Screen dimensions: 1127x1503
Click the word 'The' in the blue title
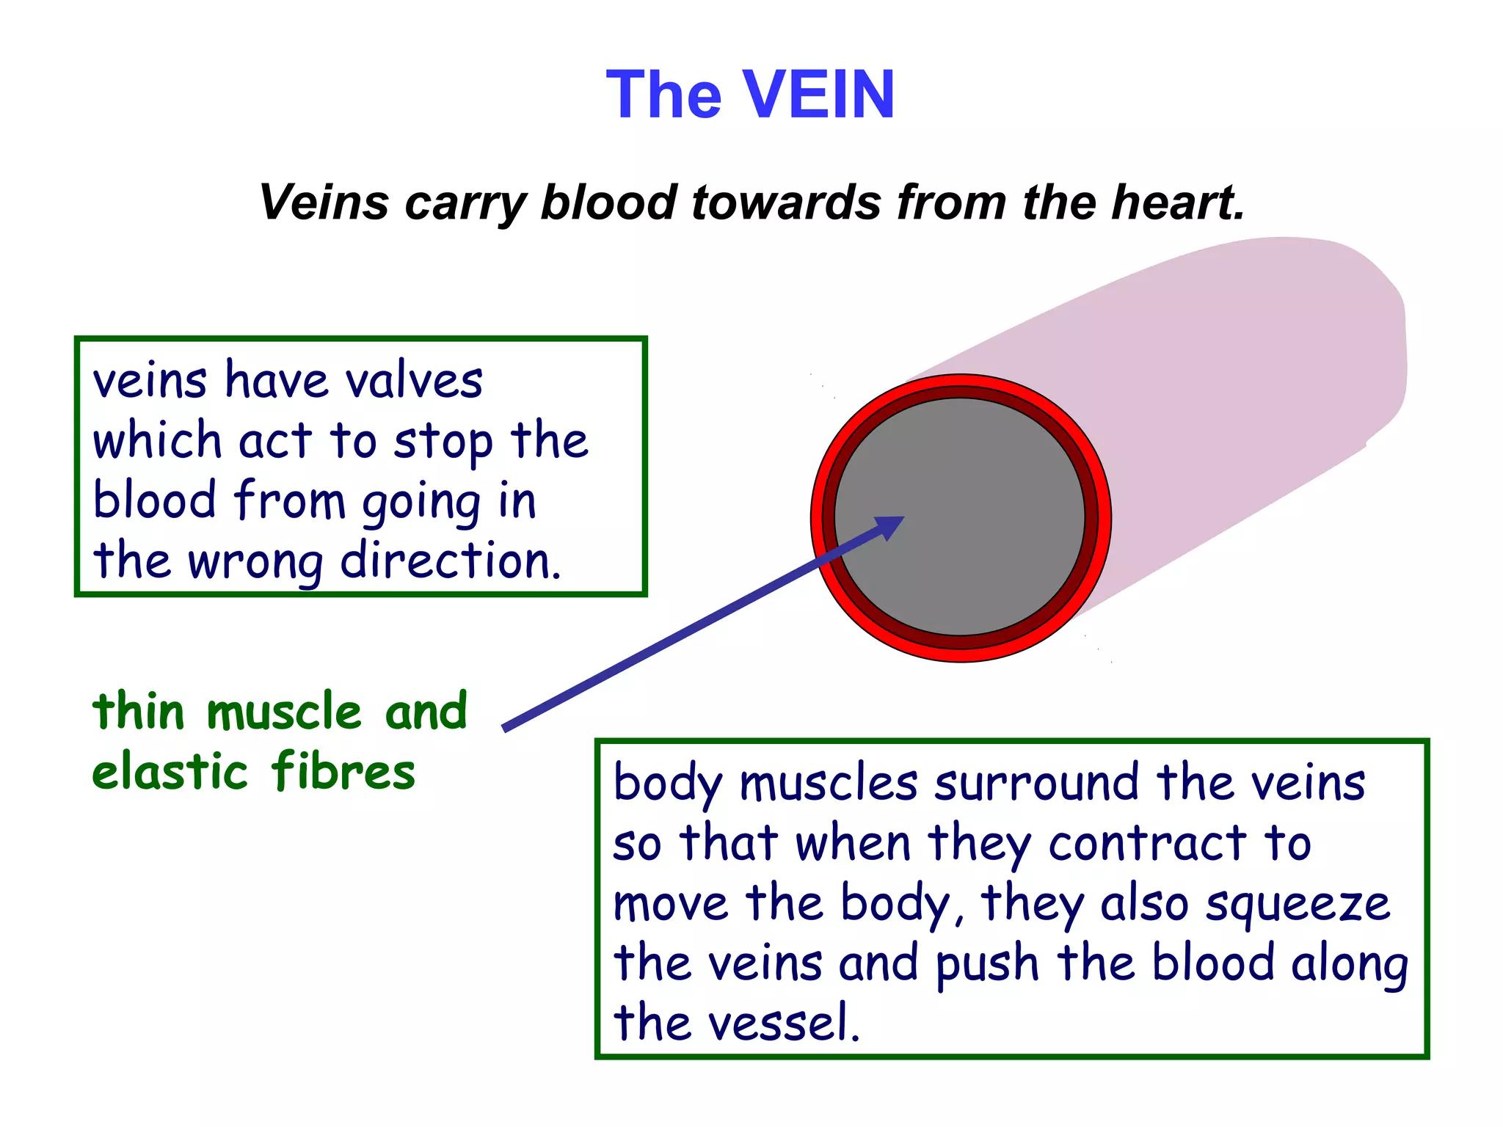(x=664, y=95)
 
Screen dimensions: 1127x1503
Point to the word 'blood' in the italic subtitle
(x=608, y=202)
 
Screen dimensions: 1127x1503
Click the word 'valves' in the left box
(x=414, y=382)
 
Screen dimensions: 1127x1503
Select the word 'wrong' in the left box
(x=255, y=561)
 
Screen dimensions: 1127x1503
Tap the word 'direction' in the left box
(x=449, y=561)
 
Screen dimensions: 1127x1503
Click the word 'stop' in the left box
(x=443, y=442)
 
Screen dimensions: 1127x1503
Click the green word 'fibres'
(x=343, y=773)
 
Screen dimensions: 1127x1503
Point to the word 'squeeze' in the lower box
(x=1298, y=904)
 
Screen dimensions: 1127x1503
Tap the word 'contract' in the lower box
(x=1147, y=844)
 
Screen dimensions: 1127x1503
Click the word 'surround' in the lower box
(x=1037, y=784)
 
